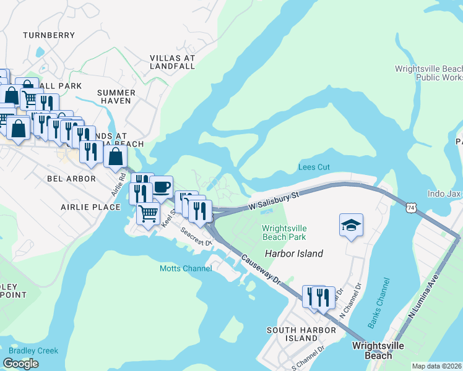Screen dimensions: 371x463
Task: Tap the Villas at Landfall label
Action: click(x=172, y=62)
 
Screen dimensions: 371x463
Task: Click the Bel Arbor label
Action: click(x=72, y=179)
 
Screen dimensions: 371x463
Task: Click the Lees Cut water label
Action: click(x=314, y=168)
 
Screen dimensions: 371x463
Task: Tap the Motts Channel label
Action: click(x=186, y=268)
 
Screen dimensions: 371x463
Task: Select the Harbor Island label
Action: click(x=294, y=254)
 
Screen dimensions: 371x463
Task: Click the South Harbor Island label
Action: click(x=301, y=335)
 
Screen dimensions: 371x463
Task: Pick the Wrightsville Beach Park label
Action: click(x=284, y=232)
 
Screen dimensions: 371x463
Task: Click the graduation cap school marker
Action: click(x=351, y=225)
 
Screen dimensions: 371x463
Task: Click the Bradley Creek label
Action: click(x=33, y=351)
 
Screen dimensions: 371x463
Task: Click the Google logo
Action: click(x=20, y=364)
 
